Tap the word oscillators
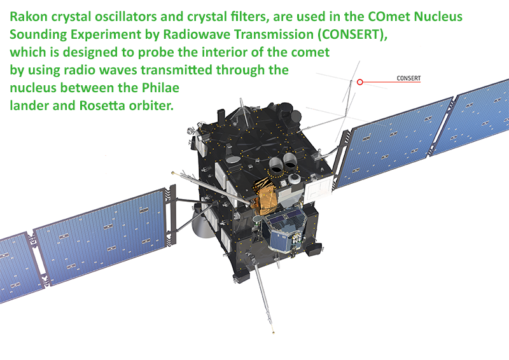126,17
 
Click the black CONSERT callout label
408,78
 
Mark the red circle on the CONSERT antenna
360,82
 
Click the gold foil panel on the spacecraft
265,196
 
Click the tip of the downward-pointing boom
274,333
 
